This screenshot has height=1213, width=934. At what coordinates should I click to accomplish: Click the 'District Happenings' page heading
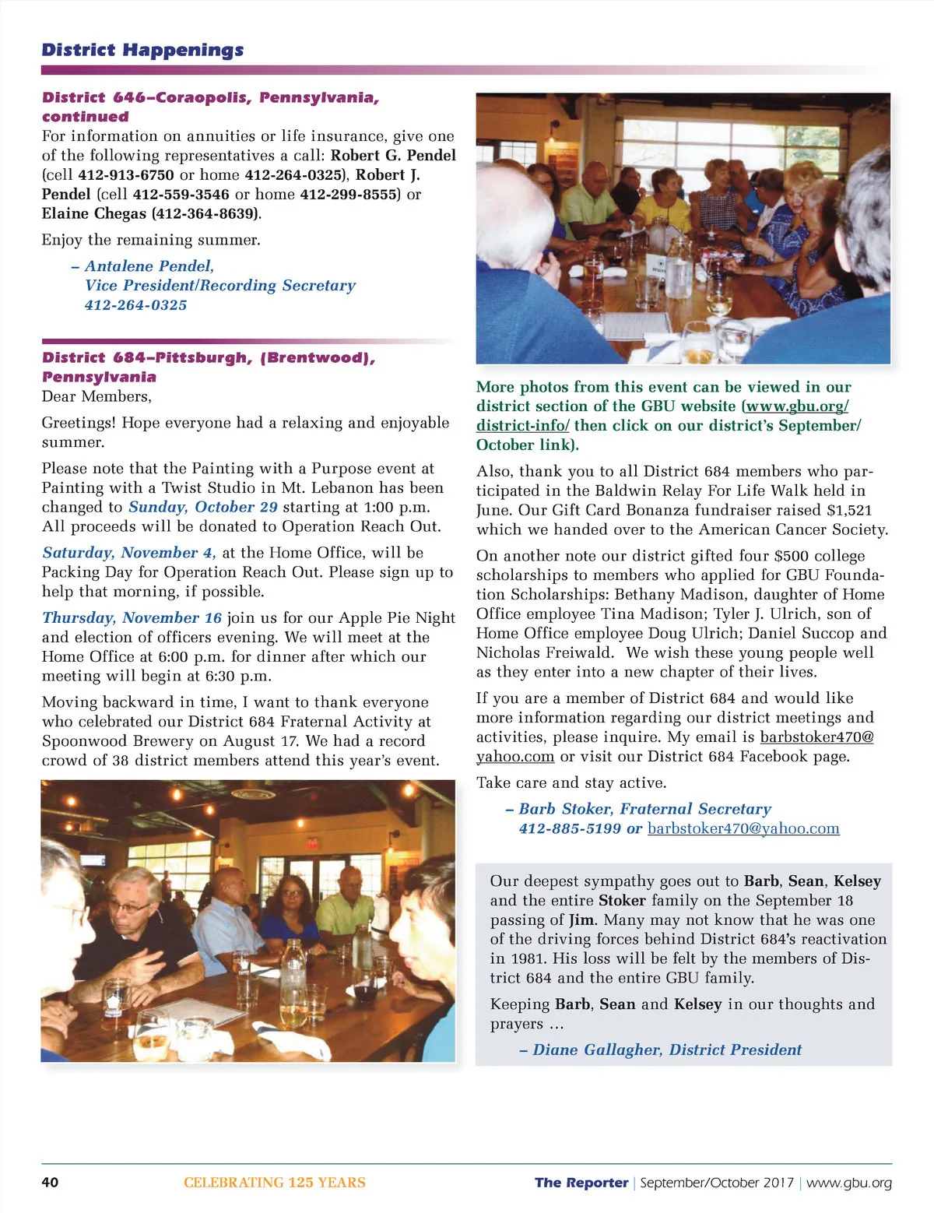142,50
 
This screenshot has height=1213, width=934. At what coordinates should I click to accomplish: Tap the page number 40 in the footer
50,1182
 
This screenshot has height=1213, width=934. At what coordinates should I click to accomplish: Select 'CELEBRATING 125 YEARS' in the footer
274,1182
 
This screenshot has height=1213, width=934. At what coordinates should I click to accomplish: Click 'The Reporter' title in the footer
581,1182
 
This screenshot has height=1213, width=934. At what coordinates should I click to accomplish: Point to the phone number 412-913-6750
126,175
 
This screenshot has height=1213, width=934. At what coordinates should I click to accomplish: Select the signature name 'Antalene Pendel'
149,266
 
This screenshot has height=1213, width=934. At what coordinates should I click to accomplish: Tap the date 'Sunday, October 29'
202,507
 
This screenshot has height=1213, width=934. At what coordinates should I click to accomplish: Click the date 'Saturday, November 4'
128,553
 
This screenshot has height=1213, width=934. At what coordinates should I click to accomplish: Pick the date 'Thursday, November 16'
132,618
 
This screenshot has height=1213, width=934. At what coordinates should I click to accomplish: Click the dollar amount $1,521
848,510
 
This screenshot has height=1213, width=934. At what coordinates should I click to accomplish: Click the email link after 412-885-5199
743,828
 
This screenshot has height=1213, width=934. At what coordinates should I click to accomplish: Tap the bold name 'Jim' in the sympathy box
580,919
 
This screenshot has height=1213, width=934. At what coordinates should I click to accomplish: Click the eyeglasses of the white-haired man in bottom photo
128,906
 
